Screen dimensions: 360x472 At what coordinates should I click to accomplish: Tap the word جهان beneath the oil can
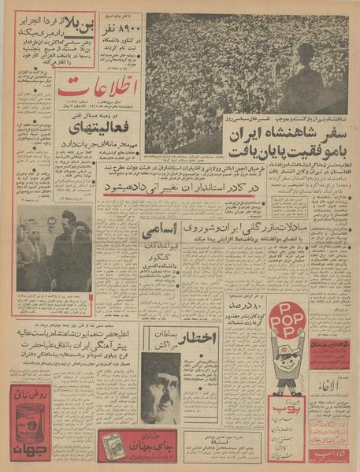[x=29, y=452]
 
